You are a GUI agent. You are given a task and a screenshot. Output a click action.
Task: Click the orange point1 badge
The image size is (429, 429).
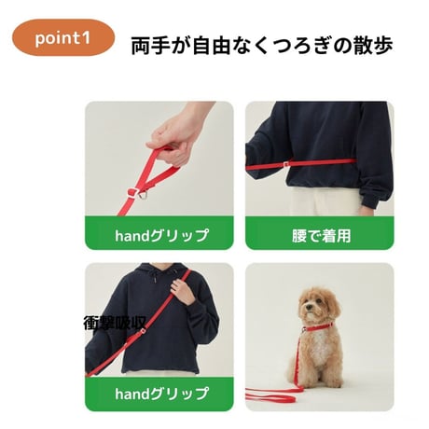point(63,37)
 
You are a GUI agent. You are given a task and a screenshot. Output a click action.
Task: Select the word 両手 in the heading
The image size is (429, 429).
point(150,46)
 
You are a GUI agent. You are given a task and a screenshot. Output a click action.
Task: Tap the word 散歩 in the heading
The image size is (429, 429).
point(373,46)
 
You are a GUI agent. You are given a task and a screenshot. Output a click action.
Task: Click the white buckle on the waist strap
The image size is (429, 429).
point(286,163)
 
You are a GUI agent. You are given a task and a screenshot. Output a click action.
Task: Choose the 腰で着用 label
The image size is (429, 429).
point(321,236)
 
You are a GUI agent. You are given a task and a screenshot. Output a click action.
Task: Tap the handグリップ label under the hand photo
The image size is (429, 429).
point(161,235)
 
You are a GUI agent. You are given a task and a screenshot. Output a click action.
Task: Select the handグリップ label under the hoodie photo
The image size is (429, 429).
point(161,394)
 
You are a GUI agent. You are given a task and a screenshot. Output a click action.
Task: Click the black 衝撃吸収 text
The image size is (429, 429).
point(115,324)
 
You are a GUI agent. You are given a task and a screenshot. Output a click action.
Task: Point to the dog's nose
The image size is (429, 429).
point(308,307)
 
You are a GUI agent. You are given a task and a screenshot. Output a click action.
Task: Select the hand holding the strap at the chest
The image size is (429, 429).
point(183,292)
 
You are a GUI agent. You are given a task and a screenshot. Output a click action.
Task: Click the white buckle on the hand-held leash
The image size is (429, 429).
point(133,192)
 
